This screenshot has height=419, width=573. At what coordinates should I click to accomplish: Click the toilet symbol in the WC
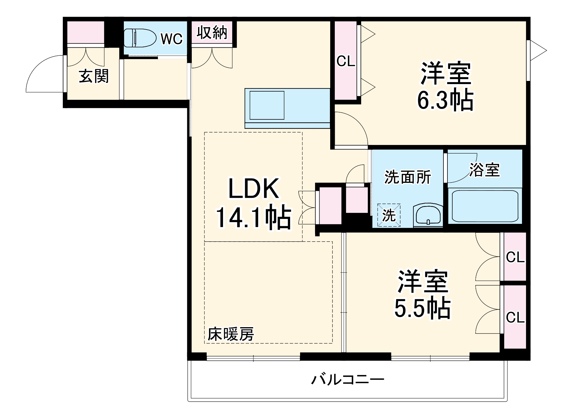tap(139, 38)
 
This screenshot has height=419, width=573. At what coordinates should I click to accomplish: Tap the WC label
tap(171, 39)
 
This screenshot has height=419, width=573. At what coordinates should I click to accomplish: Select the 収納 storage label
tap(212, 32)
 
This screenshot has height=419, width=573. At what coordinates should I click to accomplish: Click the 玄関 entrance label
tap(94, 76)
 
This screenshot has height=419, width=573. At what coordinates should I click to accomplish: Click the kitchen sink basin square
tap(267, 105)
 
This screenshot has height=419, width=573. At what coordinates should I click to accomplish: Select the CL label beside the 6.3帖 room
tap(346, 61)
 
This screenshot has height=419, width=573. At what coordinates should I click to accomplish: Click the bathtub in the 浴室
tap(485, 206)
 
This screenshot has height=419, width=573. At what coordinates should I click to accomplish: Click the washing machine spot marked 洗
tap(389, 215)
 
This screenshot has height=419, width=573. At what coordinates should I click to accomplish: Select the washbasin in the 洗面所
tap(428, 215)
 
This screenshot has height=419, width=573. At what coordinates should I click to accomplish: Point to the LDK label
tap(253, 189)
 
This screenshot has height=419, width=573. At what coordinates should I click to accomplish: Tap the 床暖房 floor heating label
tap(230, 334)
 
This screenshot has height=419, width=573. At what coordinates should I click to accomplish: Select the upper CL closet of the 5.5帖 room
tap(515, 257)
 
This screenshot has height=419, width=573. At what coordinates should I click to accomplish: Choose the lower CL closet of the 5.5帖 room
tap(515, 317)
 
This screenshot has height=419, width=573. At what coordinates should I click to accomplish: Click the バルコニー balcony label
tap(347, 380)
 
